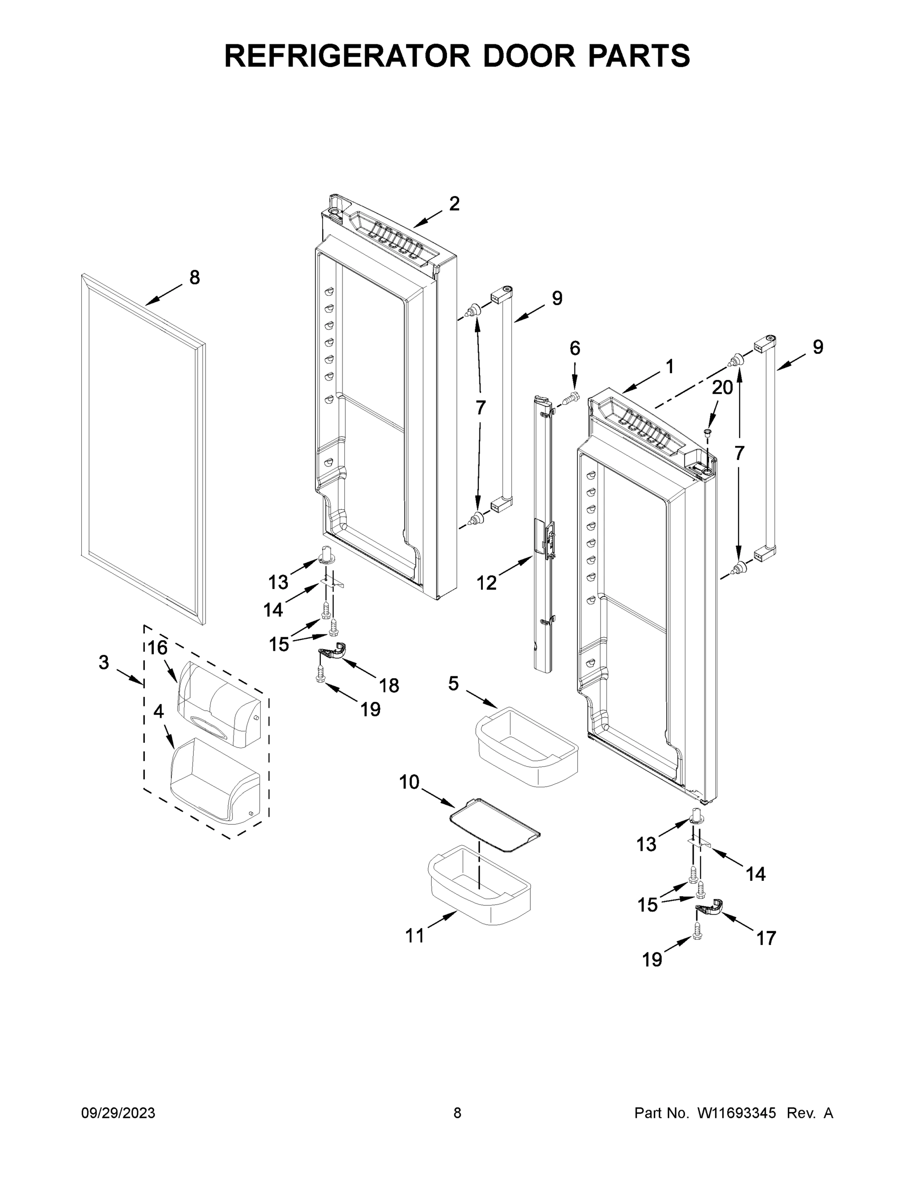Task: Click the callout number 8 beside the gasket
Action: tap(195, 278)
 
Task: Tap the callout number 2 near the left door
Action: tap(454, 204)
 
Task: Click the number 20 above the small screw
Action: tap(722, 387)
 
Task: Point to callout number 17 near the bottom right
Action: tap(766, 938)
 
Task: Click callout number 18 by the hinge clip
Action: tap(389, 685)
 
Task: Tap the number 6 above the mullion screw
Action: tap(575, 348)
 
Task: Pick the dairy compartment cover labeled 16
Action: tap(219, 704)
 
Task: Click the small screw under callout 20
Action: tap(707, 432)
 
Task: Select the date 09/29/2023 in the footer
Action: tap(118, 1113)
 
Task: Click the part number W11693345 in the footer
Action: tap(737, 1113)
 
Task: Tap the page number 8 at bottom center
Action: tap(457, 1113)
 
